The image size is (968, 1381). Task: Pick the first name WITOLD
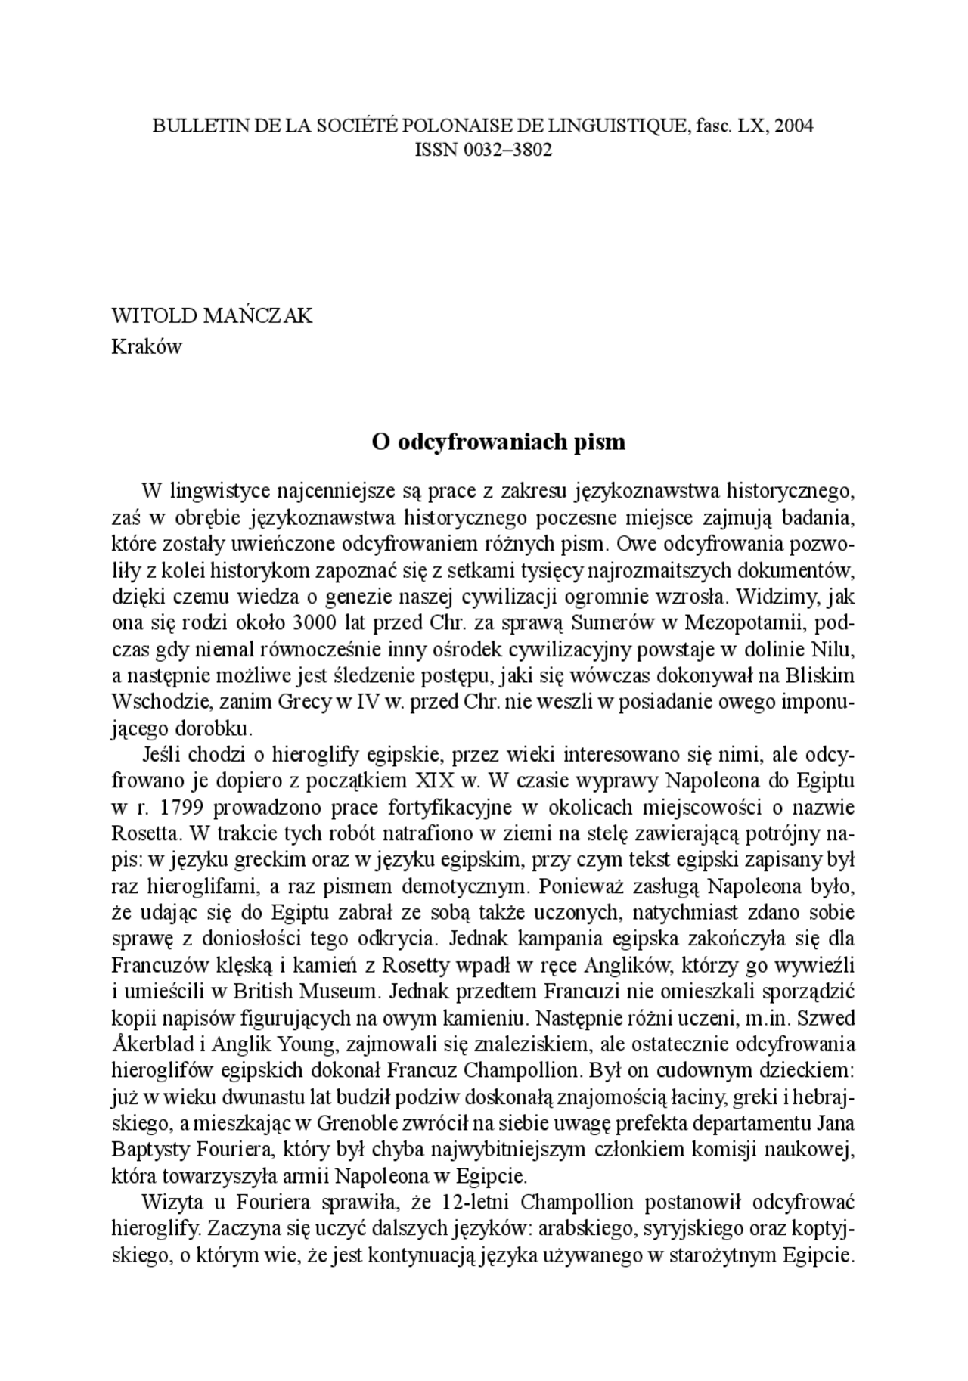coord(154,315)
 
